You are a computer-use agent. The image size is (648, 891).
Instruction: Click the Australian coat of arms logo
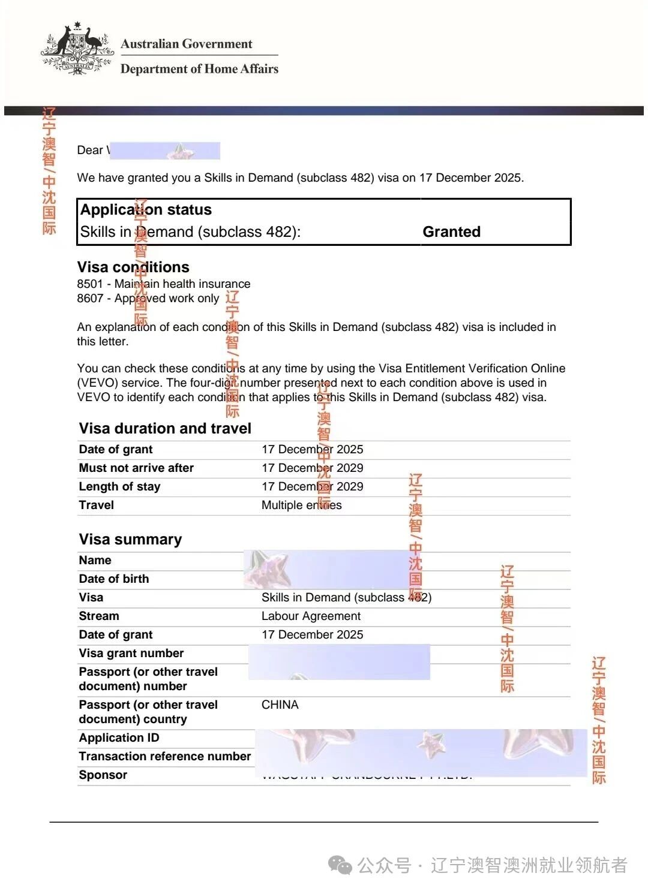[77, 49]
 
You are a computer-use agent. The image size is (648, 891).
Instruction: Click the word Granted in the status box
[451, 232]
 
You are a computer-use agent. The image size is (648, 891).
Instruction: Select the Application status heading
[146, 210]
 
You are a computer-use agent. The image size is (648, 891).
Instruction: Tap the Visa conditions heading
[133, 267]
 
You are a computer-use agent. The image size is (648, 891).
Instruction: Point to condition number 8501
[90, 284]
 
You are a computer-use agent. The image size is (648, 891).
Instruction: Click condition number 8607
[90, 299]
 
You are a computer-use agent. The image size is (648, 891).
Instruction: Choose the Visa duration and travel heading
[165, 429]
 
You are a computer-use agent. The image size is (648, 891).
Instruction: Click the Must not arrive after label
[136, 468]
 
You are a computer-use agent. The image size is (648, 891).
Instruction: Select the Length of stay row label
[119, 487]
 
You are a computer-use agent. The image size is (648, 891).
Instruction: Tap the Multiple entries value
[301, 505]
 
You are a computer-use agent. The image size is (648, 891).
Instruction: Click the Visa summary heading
[130, 540]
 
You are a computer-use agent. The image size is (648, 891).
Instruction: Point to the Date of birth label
[114, 579]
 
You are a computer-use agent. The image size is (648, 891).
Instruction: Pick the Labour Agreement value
[311, 616]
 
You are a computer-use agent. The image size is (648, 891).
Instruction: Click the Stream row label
[99, 616]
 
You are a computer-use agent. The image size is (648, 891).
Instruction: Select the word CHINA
[280, 705]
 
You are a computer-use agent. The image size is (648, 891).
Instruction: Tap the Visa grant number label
[131, 654]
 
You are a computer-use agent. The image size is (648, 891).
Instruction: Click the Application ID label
[119, 738]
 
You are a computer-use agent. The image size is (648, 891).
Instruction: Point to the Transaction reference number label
[165, 757]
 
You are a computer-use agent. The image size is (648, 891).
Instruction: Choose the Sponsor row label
[103, 775]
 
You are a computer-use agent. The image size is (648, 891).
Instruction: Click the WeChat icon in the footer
[340, 865]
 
